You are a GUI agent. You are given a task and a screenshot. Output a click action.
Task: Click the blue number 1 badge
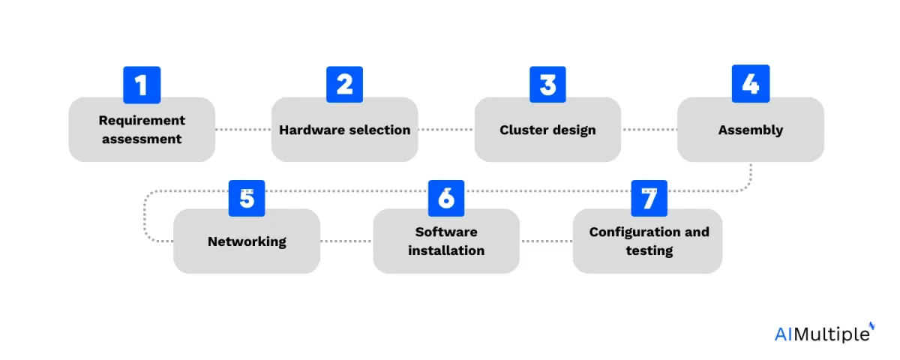pyautogui.click(x=142, y=85)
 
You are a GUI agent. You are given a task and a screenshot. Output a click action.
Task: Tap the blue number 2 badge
pyautogui.click(x=345, y=84)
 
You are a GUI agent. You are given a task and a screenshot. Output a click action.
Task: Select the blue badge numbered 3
pyautogui.click(x=547, y=84)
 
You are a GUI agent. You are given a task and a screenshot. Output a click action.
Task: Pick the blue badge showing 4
pyautogui.click(x=751, y=83)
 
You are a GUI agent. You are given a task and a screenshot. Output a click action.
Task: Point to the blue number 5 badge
pyautogui.click(x=247, y=198)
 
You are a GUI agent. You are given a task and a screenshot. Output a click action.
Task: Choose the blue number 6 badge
pyautogui.click(x=446, y=198)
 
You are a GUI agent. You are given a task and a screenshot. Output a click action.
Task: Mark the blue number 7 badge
pyautogui.click(x=649, y=198)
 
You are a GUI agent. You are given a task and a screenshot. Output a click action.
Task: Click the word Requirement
pyautogui.click(x=142, y=121)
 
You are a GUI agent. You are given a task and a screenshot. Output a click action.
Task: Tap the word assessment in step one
pyautogui.click(x=142, y=139)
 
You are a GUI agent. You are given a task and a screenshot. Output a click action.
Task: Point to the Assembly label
pyautogui.click(x=751, y=130)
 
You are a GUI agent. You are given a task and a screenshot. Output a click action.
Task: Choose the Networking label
pyautogui.click(x=247, y=241)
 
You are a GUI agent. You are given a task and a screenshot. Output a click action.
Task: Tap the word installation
pyautogui.click(x=446, y=250)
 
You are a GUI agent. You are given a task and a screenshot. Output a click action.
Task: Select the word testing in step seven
pyautogui.click(x=649, y=251)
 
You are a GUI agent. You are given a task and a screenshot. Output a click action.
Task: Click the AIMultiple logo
pyautogui.click(x=824, y=332)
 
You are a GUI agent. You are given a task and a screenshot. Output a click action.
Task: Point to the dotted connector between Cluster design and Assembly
pyautogui.click(x=649, y=129)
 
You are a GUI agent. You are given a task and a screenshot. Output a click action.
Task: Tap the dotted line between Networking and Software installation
pyautogui.click(x=346, y=241)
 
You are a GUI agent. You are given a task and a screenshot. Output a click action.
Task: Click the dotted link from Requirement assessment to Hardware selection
pyautogui.click(x=243, y=129)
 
